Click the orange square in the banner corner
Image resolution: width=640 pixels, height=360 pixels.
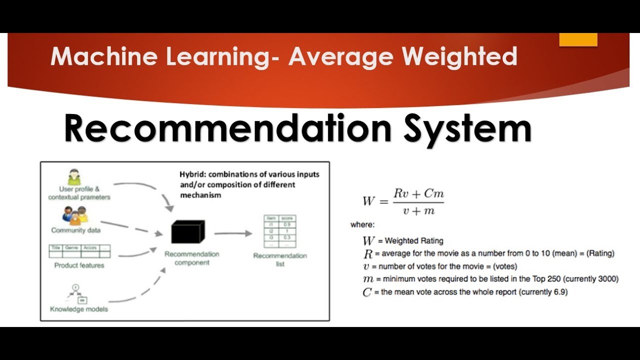click(x=578, y=39)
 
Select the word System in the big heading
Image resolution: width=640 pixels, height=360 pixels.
click(x=467, y=128)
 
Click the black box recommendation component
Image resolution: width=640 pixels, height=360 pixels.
click(x=187, y=232)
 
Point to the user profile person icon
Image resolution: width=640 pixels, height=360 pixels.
click(x=74, y=177)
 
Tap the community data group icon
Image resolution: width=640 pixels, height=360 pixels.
click(x=75, y=215)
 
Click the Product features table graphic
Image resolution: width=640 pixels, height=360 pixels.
click(x=79, y=250)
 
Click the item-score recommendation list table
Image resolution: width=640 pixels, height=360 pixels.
click(x=280, y=231)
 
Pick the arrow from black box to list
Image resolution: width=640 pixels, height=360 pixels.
click(x=233, y=233)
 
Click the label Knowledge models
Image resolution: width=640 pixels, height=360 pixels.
click(x=79, y=309)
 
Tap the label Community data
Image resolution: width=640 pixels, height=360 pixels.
click(x=75, y=230)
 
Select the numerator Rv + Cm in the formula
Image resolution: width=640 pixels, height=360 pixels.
click(x=418, y=194)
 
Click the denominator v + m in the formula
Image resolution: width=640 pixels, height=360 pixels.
click(x=418, y=210)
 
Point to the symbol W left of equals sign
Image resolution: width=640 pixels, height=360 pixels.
click(x=369, y=201)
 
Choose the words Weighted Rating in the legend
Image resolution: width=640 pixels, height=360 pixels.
click(x=414, y=241)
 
